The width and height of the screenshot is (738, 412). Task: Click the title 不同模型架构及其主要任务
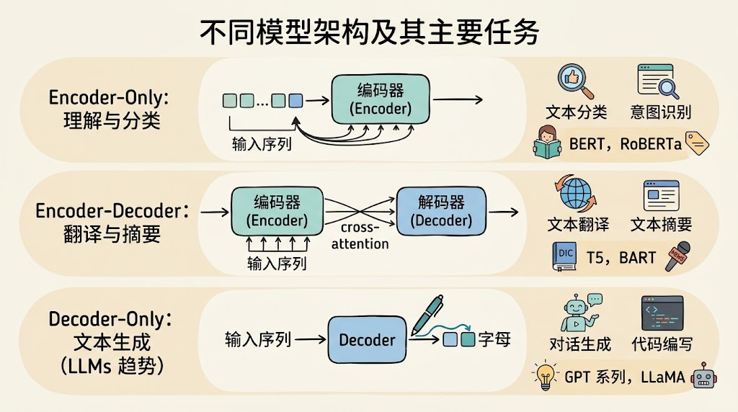369,32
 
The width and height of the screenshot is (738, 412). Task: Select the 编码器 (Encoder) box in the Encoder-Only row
381,99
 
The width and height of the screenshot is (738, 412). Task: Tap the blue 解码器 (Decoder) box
441,211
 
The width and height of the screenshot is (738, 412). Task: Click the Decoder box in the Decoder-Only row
367,339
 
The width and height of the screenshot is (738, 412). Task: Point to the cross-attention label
360,236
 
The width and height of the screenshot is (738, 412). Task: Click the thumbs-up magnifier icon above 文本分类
575,81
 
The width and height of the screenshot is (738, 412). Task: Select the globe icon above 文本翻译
575,193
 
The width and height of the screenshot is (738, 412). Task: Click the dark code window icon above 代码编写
662,313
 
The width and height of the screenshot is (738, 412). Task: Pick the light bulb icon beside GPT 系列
545,375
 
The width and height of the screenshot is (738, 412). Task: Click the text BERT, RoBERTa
625,144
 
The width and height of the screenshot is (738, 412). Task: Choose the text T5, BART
621,258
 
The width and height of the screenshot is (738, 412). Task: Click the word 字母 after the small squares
494,339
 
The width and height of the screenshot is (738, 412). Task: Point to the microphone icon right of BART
677,256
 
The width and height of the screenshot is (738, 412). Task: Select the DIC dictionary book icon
564,256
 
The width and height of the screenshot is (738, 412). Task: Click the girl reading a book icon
547,142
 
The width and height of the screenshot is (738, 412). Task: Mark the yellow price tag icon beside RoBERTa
697,143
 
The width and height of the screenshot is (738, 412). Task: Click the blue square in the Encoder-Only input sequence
295,101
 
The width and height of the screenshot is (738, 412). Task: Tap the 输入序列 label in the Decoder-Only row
258,339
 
